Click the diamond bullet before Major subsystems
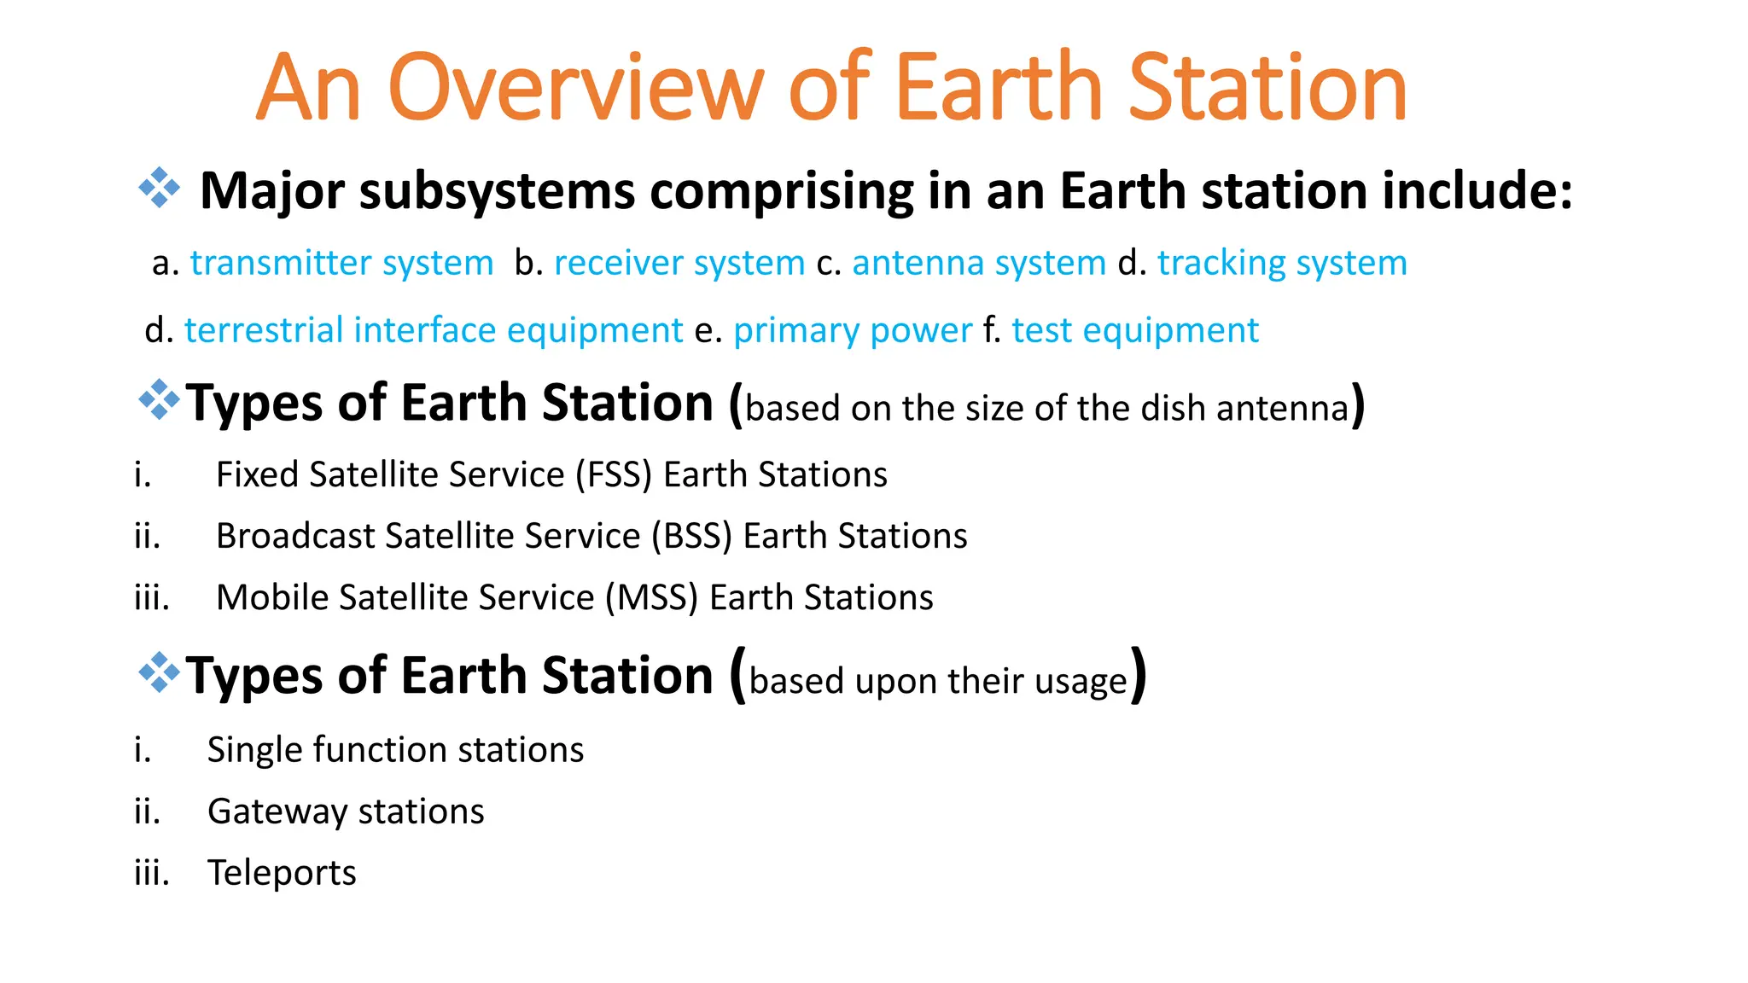[160, 189]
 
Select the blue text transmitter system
[341, 263]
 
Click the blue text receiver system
[679, 263]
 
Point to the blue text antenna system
[979, 263]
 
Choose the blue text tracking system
[1282, 263]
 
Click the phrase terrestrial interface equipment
[434, 330]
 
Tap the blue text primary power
[852, 330]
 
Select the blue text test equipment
[1135, 330]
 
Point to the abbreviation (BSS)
[692, 536]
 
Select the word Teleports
[282, 873]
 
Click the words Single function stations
[395, 750]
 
